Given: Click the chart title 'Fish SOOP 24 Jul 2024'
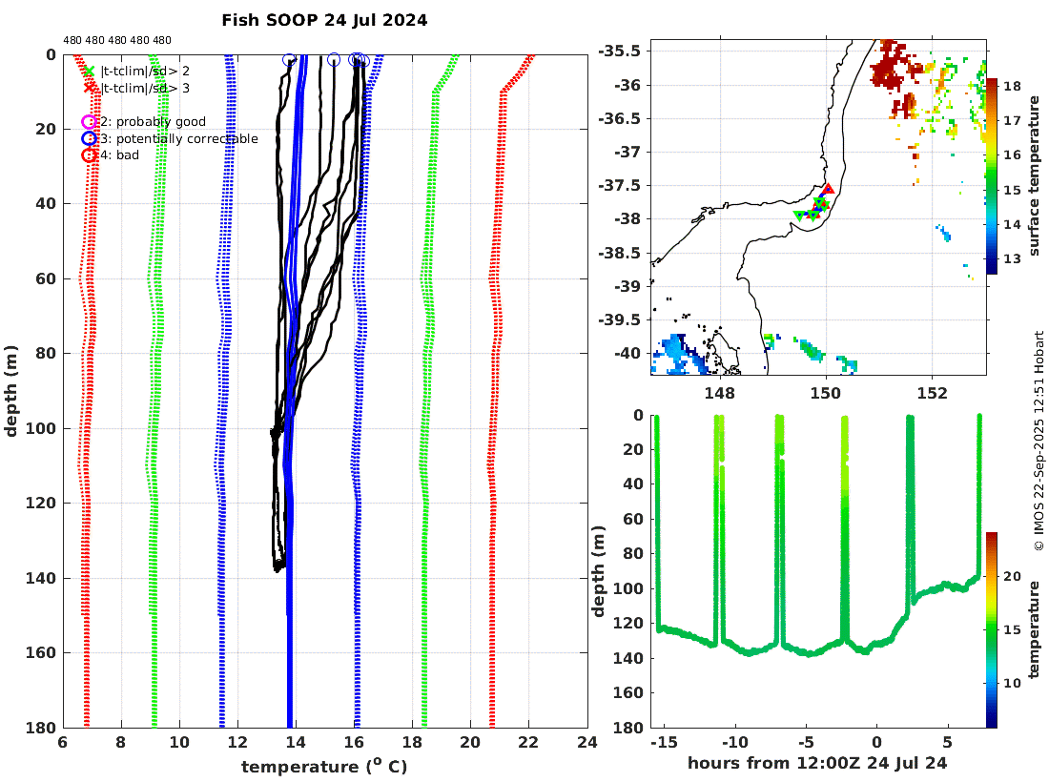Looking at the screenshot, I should click(324, 19).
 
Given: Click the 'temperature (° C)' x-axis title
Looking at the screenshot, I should click(324, 766).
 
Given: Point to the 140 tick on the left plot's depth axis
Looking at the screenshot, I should click(45, 578).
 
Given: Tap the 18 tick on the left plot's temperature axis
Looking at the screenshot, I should click(412, 742).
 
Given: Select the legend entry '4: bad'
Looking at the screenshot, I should click(120, 155).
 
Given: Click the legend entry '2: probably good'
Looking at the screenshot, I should click(153, 122).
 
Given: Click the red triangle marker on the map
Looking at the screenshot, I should click(828, 190).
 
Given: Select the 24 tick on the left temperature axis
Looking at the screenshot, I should click(587, 742).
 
